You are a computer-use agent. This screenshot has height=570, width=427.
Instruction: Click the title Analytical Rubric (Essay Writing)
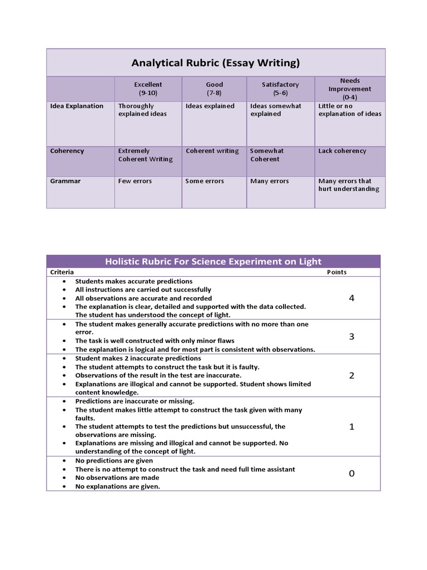(215, 63)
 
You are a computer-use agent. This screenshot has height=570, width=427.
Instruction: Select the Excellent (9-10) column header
(148, 89)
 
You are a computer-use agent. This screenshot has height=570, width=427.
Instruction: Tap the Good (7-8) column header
(214, 89)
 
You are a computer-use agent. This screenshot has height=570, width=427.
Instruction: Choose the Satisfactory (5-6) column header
(280, 89)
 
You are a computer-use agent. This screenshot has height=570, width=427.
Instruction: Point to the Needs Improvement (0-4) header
(350, 89)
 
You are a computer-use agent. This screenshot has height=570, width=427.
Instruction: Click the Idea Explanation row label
(77, 106)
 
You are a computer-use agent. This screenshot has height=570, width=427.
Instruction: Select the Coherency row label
(67, 151)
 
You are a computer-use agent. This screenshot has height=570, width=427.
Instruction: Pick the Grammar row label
(66, 181)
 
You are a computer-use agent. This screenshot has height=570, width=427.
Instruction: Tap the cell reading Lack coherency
(342, 151)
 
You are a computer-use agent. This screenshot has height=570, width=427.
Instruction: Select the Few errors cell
(135, 181)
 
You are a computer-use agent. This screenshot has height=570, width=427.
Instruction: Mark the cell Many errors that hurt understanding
(349, 185)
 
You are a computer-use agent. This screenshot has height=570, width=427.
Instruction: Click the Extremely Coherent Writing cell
(145, 155)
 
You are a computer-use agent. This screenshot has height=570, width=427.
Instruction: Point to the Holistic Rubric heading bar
(213, 262)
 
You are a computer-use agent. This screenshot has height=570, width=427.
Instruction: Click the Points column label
(336, 272)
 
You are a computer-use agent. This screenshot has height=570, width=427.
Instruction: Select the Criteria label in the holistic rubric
(62, 272)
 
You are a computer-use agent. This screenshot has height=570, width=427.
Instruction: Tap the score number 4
(351, 298)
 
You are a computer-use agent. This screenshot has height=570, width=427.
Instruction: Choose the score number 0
(351, 474)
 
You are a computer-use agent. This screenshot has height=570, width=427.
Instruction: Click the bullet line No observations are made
(117, 478)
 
